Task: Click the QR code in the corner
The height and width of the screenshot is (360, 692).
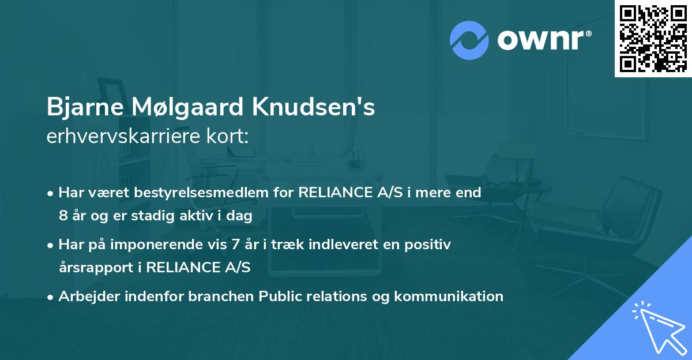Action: [x=653, y=39]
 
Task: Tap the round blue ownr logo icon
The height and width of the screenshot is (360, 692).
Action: [x=469, y=40]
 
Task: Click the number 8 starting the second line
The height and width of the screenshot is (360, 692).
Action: [x=63, y=215]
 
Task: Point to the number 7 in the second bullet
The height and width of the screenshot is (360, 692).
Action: [x=235, y=245]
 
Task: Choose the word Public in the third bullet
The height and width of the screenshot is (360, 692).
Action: [x=281, y=297]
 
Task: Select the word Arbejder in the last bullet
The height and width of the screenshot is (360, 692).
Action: [x=85, y=297]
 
